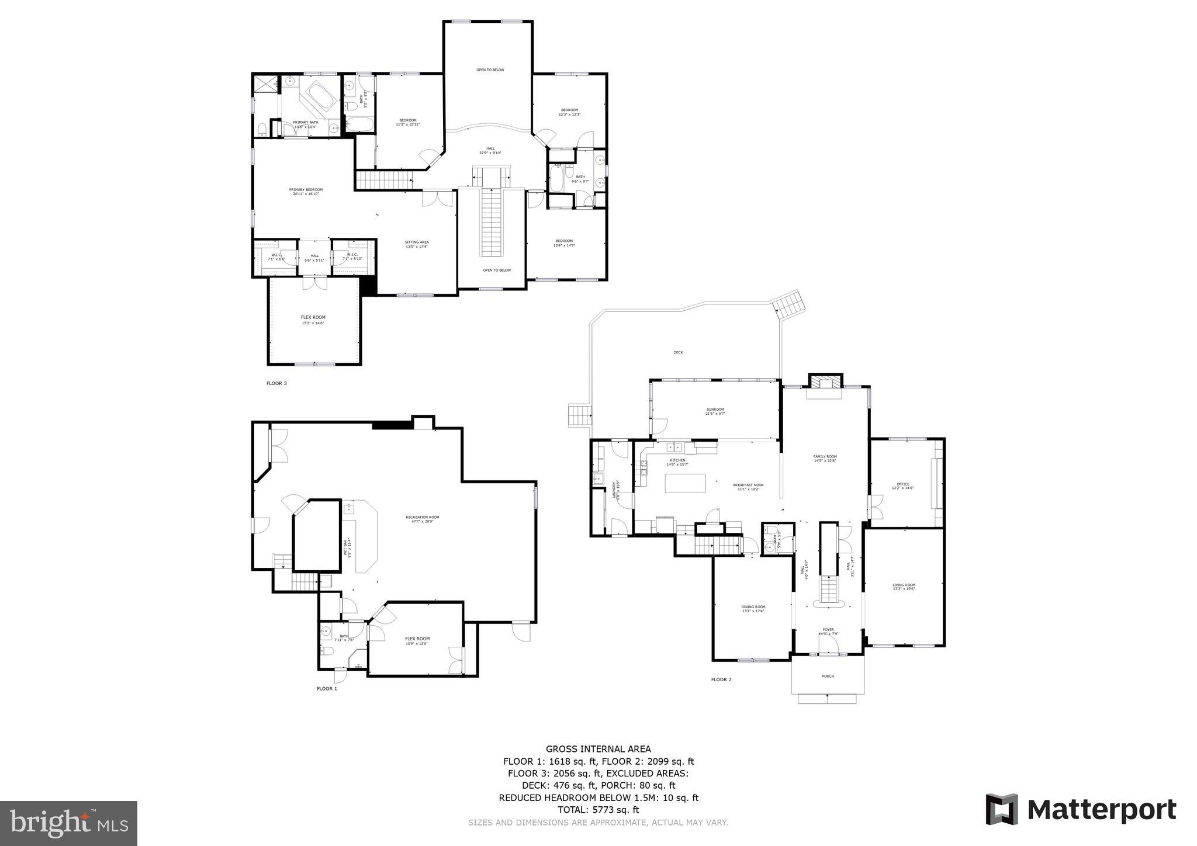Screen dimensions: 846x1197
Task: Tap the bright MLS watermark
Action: pos(69,823)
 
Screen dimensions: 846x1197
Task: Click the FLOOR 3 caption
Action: pos(276,383)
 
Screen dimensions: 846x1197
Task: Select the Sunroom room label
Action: pos(715,411)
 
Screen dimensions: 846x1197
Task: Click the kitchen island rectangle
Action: pos(685,483)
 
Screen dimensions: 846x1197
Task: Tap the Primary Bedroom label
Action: pos(306,191)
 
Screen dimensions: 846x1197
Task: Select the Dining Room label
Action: pos(753,609)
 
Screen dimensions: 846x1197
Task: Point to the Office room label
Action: pos(903,486)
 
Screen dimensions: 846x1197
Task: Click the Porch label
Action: pos(828,676)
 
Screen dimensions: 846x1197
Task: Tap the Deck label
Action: pos(678,352)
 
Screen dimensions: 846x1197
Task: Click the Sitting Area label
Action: pos(417,244)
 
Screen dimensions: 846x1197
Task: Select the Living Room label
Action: pos(904,587)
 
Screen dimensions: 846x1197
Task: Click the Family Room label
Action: pos(825,458)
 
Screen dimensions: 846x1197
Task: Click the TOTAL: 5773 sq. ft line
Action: pos(598,810)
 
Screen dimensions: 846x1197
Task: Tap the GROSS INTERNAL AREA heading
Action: pos(598,749)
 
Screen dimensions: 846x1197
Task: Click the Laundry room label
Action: pos(615,490)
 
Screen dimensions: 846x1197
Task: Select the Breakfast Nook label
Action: pos(748,487)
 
